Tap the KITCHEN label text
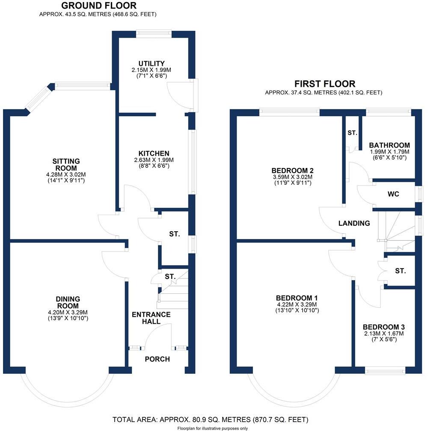[154, 154]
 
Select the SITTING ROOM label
[66, 165]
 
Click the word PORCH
[157, 359]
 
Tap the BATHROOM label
[389, 145]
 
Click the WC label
[393, 194]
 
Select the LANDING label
[354, 223]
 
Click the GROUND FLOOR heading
[99, 6]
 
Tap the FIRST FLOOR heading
[324, 84]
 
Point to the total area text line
[210, 419]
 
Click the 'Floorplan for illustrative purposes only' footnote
[213, 428]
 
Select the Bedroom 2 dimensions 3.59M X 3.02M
[293, 177]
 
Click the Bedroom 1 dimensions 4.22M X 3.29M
[297, 305]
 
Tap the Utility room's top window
[154, 32]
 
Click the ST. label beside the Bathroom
[352, 133]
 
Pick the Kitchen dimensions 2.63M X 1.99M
[154, 160]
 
